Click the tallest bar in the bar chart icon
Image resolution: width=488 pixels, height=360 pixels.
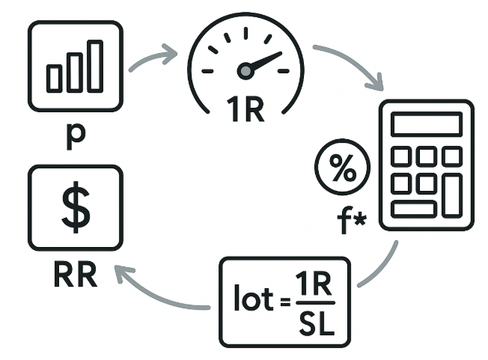(94, 66)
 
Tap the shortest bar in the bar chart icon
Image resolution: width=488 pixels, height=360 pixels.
(55, 78)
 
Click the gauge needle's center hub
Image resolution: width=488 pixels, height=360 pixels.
(245, 71)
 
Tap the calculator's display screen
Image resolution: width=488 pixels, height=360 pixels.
(426, 124)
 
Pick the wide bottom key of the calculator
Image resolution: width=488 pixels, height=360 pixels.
(413, 209)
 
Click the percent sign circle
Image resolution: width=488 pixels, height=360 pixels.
(344, 169)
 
